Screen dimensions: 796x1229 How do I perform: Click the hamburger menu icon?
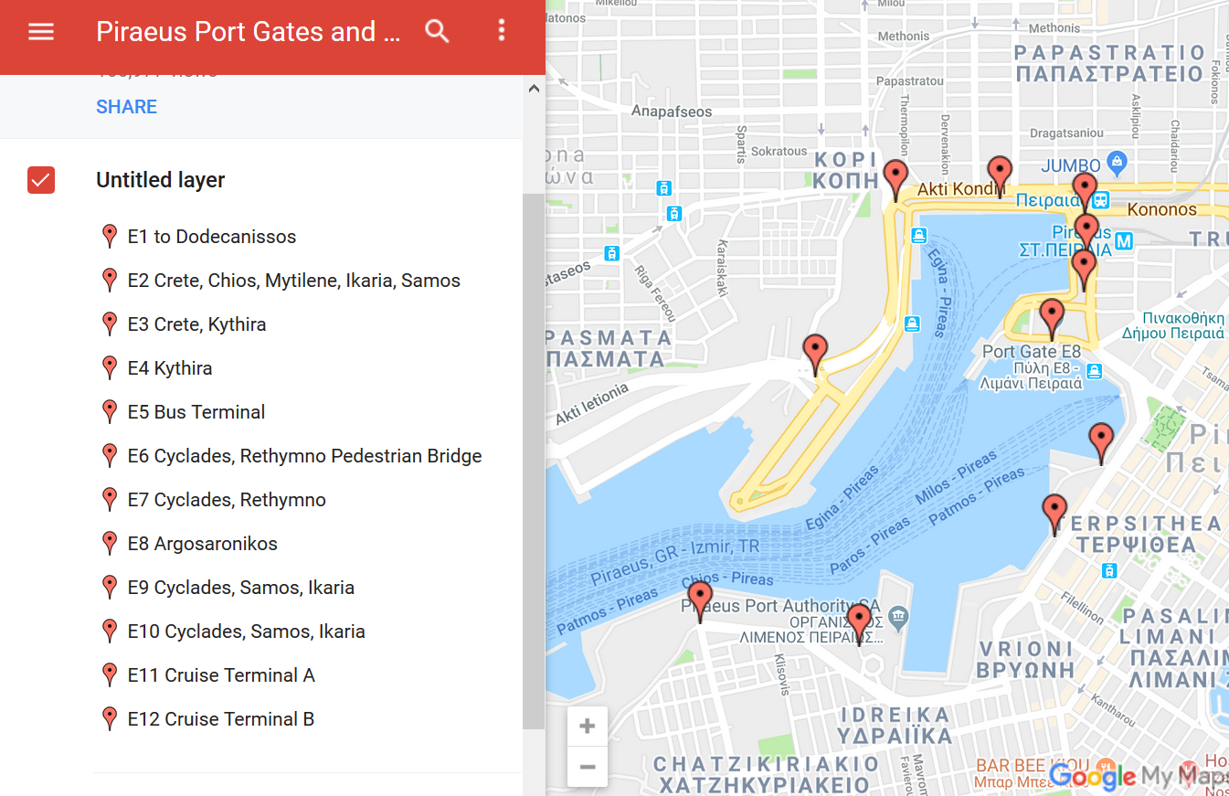(x=41, y=32)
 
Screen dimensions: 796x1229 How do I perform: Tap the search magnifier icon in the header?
(x=438, y=31)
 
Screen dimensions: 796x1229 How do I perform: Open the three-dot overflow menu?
(x=501, y=31)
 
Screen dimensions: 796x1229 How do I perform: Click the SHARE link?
(x=126, y=107)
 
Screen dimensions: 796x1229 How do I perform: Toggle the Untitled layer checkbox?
(x=41, y=180)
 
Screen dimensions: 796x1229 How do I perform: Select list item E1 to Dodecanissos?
(x=212, y=237)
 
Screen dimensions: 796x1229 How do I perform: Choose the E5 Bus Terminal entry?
(x=196, y=412)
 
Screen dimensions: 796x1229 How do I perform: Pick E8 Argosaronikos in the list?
(x=202, y=544)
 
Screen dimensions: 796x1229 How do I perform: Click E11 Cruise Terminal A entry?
(x=221, y=675)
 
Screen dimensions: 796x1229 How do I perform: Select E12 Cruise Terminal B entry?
(x=221, y=719)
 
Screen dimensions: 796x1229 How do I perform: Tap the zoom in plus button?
(x=588, y=727)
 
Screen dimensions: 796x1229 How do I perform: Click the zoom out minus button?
(x=588, y=767)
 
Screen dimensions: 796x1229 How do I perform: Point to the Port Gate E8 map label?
(x=1031, y=352)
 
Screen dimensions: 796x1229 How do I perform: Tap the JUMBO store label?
(x=1071, y=165)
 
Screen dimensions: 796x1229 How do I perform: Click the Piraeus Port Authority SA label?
(x=780, y=606)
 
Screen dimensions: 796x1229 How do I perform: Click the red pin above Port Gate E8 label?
(x=1052, y=317)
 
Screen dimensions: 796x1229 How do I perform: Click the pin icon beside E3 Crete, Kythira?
(x=110, y=324)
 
